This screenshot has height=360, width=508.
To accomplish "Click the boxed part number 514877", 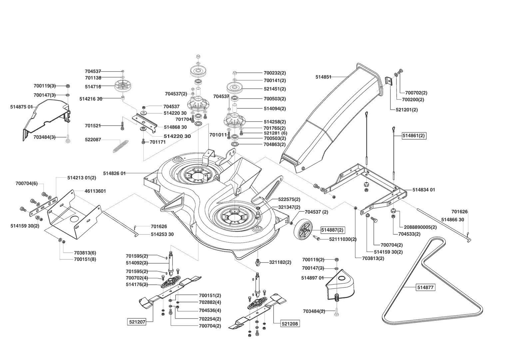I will click(x=425, y=287).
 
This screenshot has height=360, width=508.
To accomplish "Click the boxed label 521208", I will click(x=290, y=323).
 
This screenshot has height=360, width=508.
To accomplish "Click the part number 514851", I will click(x=323, y=77).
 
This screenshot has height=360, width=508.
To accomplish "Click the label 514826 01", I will click(x=114, y=173).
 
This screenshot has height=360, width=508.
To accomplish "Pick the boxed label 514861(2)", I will click(x=414, y=136).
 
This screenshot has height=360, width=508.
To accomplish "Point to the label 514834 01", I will click(x=424, y=190).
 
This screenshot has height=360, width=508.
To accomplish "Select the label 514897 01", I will click(x=312, y=278).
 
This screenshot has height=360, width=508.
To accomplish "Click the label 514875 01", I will click(x=21, y=107).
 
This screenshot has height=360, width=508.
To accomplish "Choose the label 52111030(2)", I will click(x=343, y=239).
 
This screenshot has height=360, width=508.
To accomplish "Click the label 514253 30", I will click(x=162, y=234).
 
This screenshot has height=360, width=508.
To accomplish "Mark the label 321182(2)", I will click(x=280, y=262).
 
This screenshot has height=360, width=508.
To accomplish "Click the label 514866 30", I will click(x=452, y=220).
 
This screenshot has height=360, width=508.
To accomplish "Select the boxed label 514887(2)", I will click(x=332, y=230).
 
